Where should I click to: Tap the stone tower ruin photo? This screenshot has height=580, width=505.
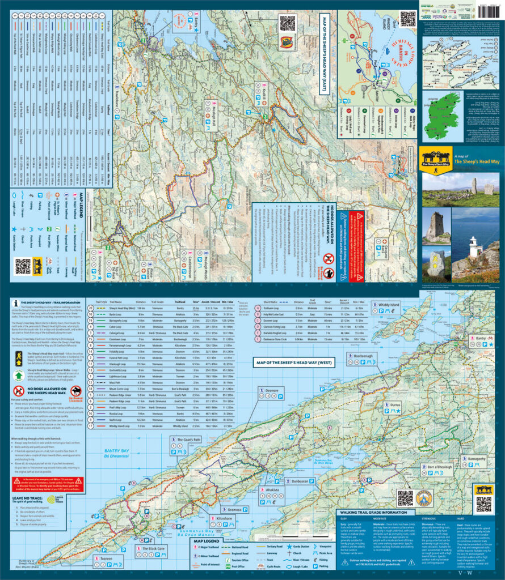435,228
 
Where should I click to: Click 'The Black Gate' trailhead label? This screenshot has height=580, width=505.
146,549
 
